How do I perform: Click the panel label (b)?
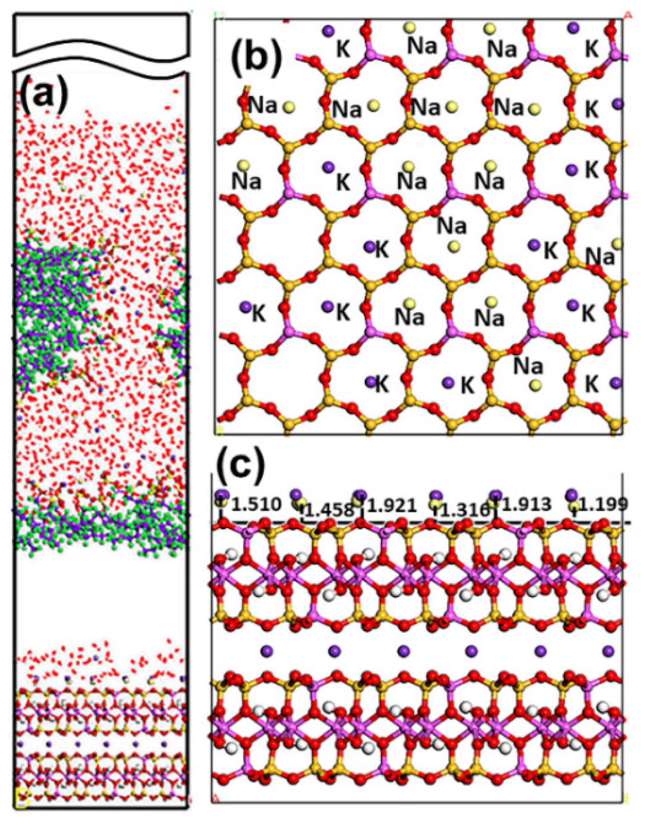(x=256, y=57)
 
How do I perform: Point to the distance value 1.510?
(x=256, y=504)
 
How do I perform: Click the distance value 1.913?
(x=527, y=504)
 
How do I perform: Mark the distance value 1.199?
(x=604, y=504)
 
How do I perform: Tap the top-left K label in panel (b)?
(x=343, y=48)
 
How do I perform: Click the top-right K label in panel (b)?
(x=592, y=48)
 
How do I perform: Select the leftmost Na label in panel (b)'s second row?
(x=263, y=106)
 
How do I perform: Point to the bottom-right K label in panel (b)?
(x=592, y=385)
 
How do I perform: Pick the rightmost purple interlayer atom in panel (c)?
(x=608, y=651)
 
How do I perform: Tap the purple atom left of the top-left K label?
(x=328, y=31)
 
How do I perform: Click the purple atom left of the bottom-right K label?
(x=616, y=383)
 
